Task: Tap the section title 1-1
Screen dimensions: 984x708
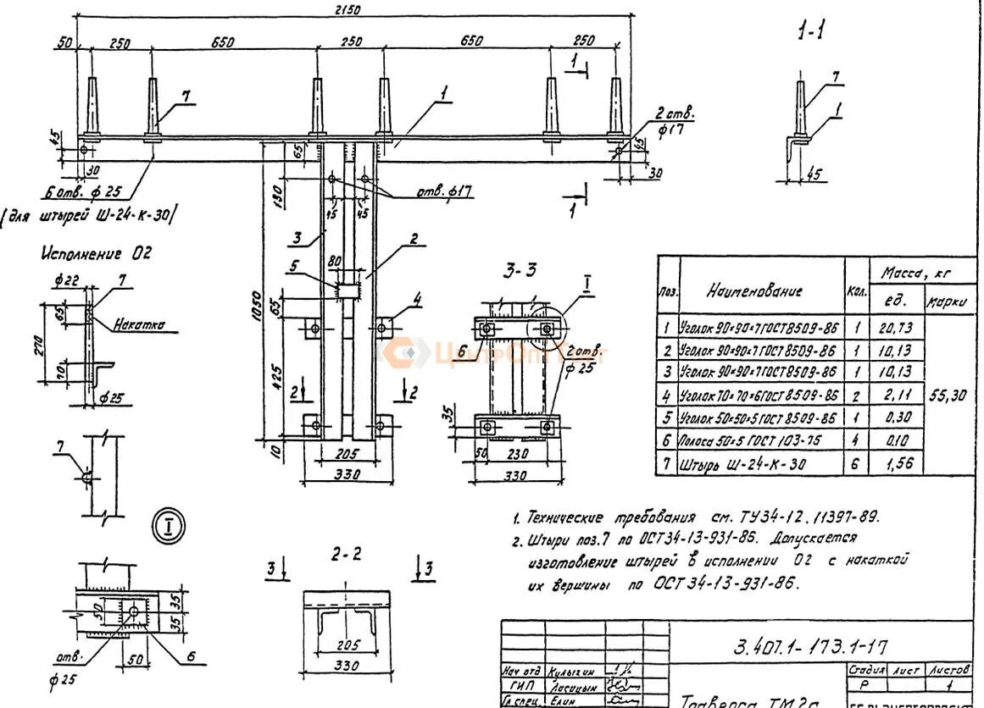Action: point(811,32)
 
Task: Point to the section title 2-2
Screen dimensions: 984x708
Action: point(346,554)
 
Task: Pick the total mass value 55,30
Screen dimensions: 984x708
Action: point(948,395)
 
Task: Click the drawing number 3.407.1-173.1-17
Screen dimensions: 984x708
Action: point(809,647)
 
